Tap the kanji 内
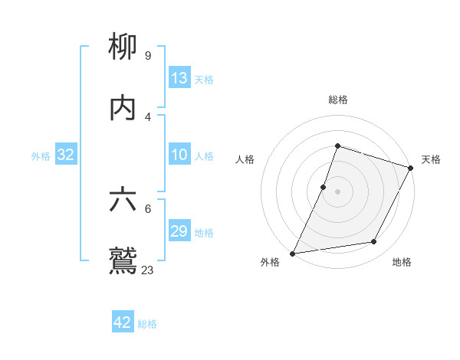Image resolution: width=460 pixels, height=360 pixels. pyautogui.click(x=123, y=107)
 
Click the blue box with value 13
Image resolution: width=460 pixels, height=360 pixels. pyautogui.click(x=179, y=78)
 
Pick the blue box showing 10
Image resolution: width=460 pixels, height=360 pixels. pyautogui.click(x=179, y=155)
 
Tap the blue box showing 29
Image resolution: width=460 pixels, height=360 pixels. pyautogui.click(x=179, y=231)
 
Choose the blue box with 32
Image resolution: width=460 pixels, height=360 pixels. pyautogui.click(x=66, y=155)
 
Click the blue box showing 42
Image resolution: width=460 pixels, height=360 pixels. pyautogui.click(x=123, y=322)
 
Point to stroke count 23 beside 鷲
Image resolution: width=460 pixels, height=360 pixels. pyautogui.click(x=148, y=270)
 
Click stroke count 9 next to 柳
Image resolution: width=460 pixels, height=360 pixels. pyautogui.click(x=147, y=55)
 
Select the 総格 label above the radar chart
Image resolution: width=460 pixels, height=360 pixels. pyautogui.click(x=338, y=100)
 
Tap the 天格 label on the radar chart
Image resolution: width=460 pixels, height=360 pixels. pyautogui.click(x=431, y=159)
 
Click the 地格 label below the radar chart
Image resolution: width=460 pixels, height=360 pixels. pyautogui.click(x=402, y=262)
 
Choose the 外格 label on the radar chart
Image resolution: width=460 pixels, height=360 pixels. pyautogui.click(x=270, y=262)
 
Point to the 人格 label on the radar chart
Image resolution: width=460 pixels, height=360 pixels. pyautogui.click(x=245, y=159)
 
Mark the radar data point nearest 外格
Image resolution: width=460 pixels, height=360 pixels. pyautogui.click(x=292, y=254)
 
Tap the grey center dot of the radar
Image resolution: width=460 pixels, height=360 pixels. pyautogui.click(x=338, y=191)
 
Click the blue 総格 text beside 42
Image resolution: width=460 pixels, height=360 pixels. pyautogui.click(x=147, y=324)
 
